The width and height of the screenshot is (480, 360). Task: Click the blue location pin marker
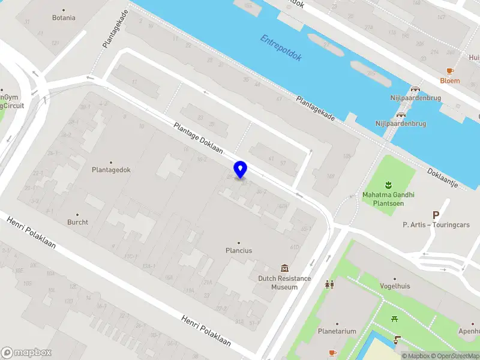(240, 169)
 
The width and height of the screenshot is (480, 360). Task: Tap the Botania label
(64, 17)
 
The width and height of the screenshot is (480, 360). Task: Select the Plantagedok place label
(111, 170)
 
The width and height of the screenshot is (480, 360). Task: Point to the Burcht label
(77, 222)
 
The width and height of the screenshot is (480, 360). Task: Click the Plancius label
(238, 250)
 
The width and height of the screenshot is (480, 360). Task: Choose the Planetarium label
(337, 331)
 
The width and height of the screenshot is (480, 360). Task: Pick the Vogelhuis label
(395, 286)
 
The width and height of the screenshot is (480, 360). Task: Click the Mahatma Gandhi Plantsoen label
(388, 199)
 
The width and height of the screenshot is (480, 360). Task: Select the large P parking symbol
(436, 214)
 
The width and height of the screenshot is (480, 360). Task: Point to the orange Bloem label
(449, 80)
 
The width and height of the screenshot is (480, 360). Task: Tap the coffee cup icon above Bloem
(450, 71)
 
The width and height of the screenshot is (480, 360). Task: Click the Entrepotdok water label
(281, 48)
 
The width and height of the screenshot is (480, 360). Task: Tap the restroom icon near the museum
(329, 284)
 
